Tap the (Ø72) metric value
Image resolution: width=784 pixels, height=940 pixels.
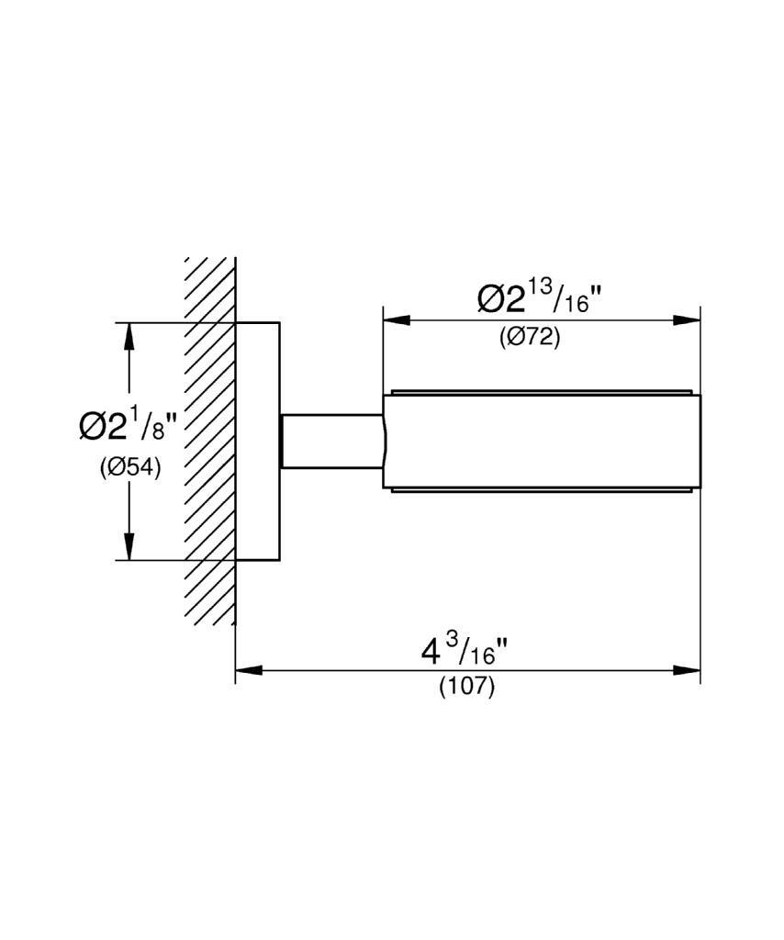pos(530,337)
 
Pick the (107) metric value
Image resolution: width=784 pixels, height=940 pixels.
pos(466,686)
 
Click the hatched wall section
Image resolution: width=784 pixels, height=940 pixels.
pos(210,441)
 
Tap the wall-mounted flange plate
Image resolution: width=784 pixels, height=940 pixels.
pos(257,441)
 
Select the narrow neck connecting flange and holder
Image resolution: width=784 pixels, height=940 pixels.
pos(330,442)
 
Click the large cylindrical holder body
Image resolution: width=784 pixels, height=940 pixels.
pos(542,442)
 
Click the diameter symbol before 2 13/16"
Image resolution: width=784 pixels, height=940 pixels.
pos(491,299)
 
